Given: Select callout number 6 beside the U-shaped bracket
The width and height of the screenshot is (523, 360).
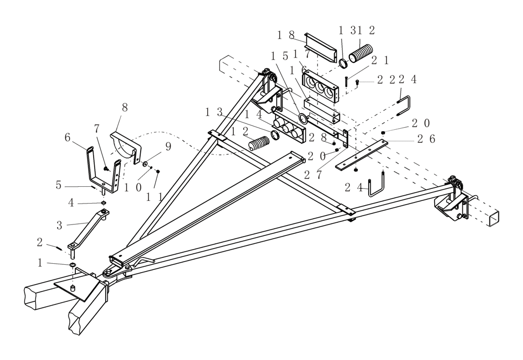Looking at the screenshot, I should (x=67, y=137).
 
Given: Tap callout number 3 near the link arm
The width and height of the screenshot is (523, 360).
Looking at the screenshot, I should (x=60, y=226).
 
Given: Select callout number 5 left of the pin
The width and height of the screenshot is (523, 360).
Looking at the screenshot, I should (x=59, y=185).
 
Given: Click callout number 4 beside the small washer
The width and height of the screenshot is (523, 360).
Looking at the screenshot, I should (x=71, y=202).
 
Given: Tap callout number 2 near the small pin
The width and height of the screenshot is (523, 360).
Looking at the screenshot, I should (x=40, y=243).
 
